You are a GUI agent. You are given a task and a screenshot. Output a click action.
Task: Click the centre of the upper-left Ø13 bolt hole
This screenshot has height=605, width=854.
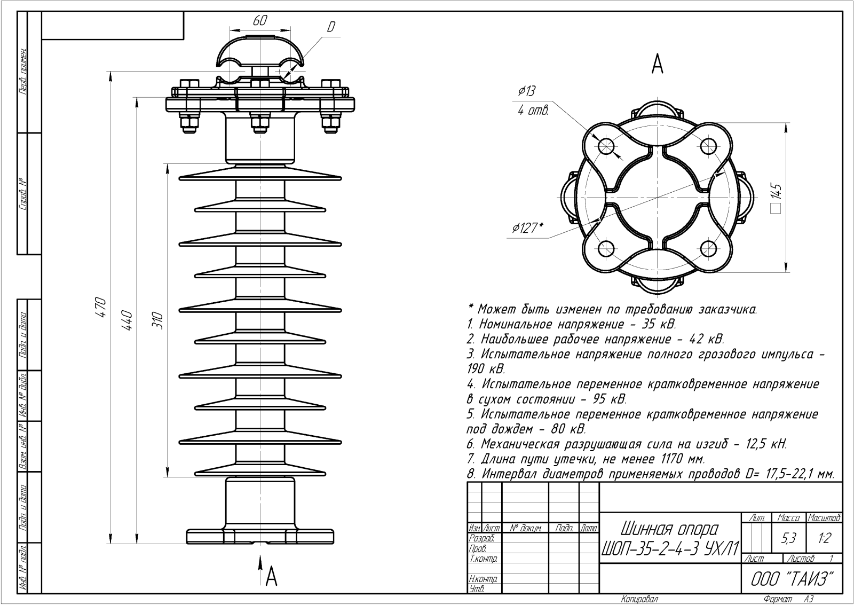pos(606,146)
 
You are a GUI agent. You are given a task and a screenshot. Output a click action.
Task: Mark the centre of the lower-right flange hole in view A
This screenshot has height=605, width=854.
pos(709,249)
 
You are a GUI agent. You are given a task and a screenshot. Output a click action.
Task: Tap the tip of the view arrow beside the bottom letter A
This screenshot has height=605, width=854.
pos(260,556)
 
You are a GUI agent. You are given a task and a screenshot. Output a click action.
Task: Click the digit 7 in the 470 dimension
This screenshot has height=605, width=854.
pos(102,307)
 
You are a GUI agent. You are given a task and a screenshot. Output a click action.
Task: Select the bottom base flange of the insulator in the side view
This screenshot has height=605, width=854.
pos(260,536)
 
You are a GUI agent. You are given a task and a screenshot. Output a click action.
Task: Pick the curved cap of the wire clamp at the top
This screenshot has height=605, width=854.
pos(261,53)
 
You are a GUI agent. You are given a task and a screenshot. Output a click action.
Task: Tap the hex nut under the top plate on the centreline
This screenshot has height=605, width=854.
pos(260,123)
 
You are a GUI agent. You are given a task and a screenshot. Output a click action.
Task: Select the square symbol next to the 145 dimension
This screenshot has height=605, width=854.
pos(776,208)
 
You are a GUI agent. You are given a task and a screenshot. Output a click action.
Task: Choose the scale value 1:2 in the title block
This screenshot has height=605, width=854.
pos(824,538)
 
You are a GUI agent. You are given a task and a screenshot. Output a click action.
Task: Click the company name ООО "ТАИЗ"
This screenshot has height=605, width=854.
pos(792,579)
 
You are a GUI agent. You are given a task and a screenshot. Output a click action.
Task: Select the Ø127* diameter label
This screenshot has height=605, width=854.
pos(527,227)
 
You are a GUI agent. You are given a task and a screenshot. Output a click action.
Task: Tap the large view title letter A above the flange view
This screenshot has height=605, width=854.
pos(657,65)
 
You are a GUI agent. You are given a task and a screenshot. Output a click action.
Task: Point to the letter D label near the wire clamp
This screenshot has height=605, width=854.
pos(331,27)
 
